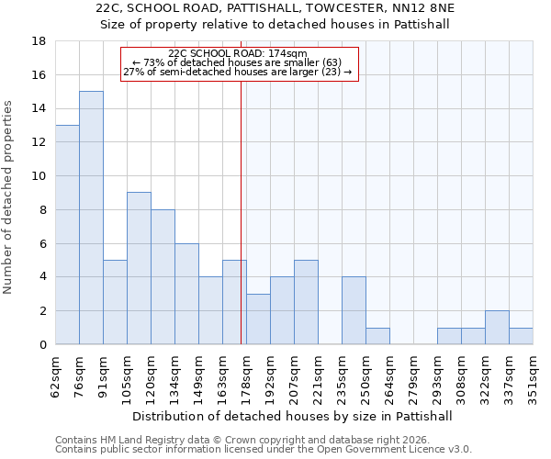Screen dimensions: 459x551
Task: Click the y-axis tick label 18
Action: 39,41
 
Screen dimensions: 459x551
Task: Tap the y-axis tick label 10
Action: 39,176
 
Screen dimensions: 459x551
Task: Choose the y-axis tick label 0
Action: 42,345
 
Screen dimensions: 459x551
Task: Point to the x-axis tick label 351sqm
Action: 534,375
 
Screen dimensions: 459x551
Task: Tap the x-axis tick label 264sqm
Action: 390,375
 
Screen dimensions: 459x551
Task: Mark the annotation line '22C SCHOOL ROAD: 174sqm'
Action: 239,54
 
